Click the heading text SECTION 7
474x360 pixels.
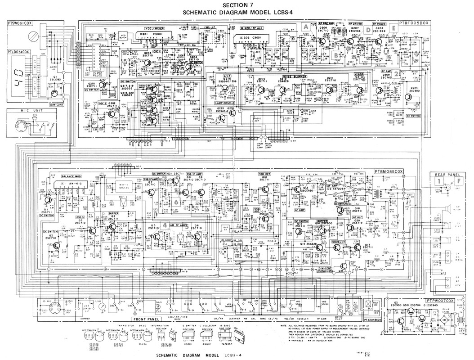tap(237, 5)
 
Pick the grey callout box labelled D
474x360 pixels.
tap(368, 30)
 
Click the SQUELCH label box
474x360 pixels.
tap(339, 242)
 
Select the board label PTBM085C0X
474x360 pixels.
tap(389, 171)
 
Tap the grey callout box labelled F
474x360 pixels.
tap(458, 181)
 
